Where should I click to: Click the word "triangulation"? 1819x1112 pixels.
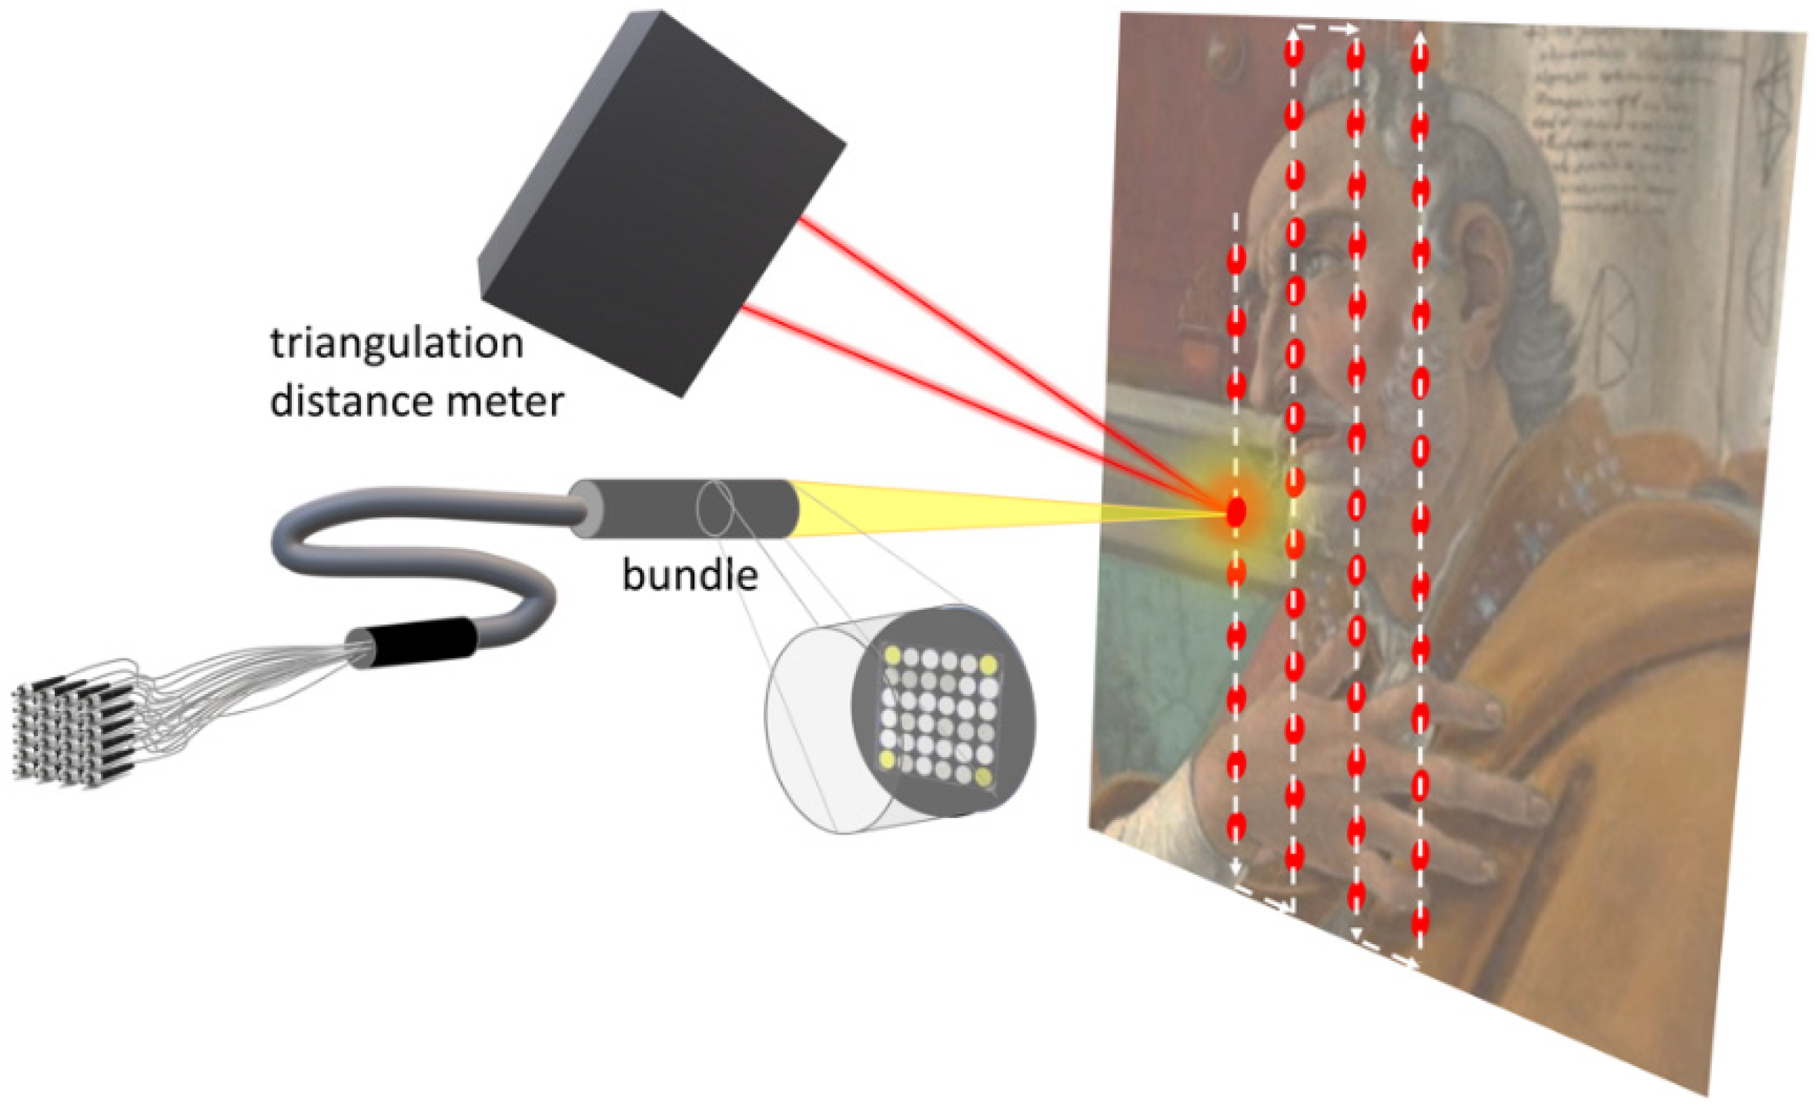396,343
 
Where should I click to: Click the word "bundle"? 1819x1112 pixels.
690,575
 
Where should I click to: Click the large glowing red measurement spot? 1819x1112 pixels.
1236,512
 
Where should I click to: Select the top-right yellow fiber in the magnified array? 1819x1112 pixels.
988,665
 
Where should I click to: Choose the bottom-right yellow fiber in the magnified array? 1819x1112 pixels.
983,774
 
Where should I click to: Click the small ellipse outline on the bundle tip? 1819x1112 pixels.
715,508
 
